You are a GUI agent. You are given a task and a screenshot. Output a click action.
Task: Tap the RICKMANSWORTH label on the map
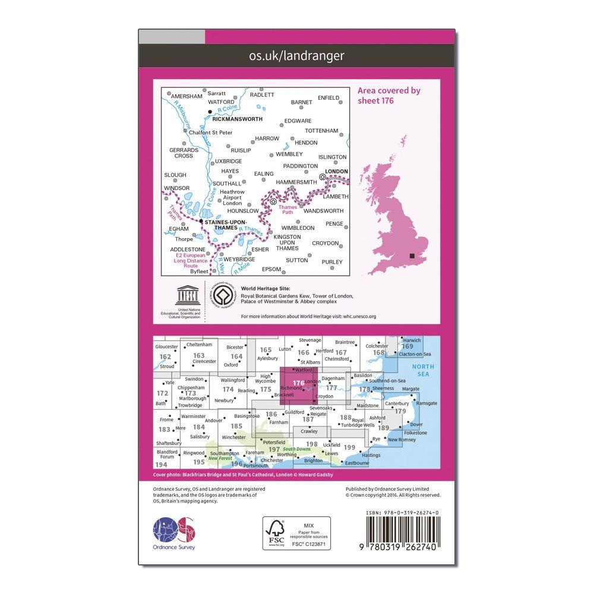[236, 118]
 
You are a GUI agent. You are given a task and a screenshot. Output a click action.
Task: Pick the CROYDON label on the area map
[326, 244]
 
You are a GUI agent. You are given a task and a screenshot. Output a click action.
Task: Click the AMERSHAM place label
[186, 95]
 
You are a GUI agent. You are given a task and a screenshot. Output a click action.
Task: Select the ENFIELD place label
[328, 98]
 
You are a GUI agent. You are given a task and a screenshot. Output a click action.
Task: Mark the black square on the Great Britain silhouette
[412, 255]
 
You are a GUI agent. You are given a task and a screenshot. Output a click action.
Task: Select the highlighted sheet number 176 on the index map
[299, 383]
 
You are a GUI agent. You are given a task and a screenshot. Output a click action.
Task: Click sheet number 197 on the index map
[273, 450]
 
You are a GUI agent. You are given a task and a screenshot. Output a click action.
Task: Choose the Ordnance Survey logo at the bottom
[174, 530]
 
